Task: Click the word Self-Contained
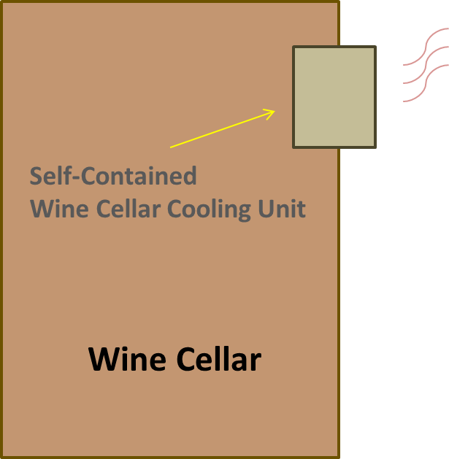[113, 176]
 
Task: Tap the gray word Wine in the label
[59, 209]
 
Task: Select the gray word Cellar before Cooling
[128, 209]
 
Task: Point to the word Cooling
[209, 209]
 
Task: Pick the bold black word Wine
[127, 359]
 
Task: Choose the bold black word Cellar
[219, 359]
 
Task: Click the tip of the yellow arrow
[275, 111]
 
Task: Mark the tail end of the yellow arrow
[170, 147]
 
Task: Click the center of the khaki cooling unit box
[334, 97]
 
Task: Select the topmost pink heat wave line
[426, 47]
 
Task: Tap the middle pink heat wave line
[426, 65]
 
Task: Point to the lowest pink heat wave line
[426, 83]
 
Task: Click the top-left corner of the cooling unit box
[293, 47]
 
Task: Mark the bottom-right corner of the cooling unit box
[375, 147]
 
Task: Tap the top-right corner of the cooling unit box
[375, 47]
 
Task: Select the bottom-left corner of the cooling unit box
[293, 147]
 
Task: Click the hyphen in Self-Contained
[76, 177]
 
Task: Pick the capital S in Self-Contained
[36, 176]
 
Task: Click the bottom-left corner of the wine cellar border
[1, 458]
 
